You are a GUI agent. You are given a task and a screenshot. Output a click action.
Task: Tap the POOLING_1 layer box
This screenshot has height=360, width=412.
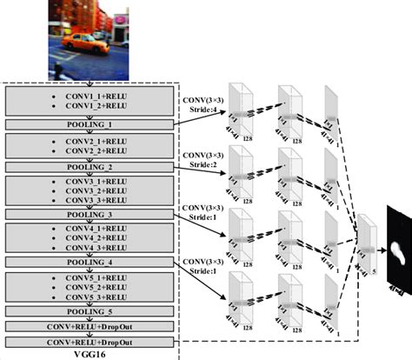(91, 124)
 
